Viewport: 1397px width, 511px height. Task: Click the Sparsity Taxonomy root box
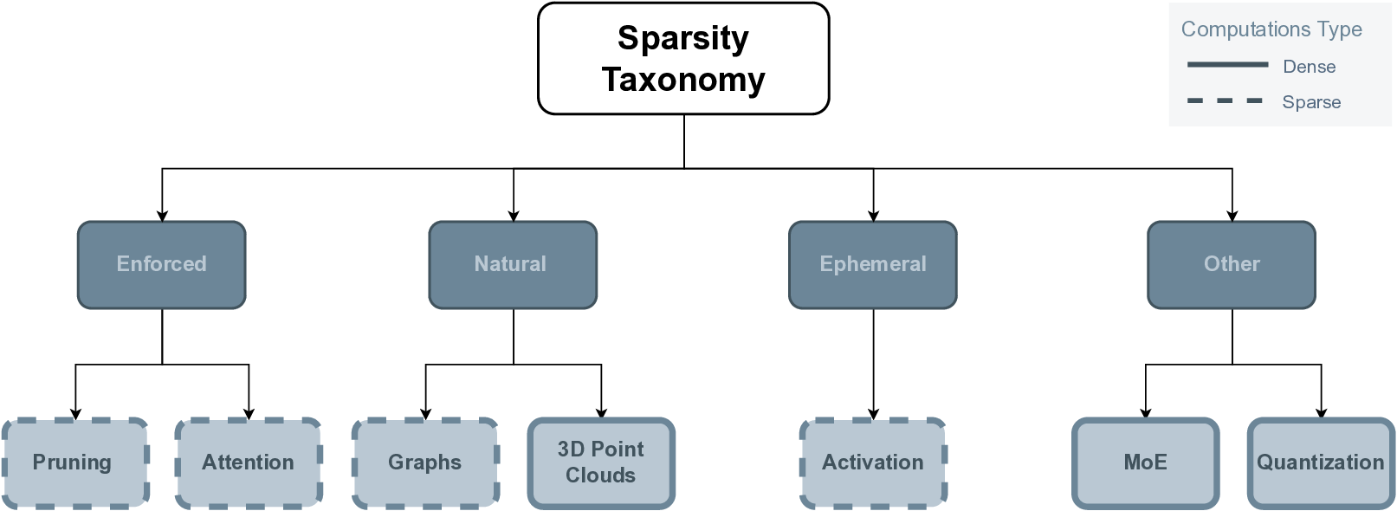(x=683, y=58)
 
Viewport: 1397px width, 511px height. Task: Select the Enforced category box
(x=162, y=264)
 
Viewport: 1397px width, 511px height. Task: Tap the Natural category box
(x=513, y=264)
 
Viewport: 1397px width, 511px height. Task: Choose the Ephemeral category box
(x=872, y=264)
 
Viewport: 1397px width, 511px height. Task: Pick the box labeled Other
(x=1231, y=264)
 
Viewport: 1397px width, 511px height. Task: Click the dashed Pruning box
(x=75, y=462)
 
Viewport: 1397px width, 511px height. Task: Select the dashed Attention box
(x=249, y=462)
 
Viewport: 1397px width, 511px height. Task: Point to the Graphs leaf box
(x=425, y=462)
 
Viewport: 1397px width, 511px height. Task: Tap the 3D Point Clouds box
(x=601, y=462)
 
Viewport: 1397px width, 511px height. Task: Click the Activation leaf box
(x=872, y=462)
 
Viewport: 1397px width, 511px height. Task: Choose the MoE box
(x=1145, y=462)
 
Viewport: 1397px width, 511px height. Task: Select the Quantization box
(x=1321, y=462)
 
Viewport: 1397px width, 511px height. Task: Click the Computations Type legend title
(x=1271, y=29)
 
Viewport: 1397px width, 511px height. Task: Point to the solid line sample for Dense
(x=1226, y=65)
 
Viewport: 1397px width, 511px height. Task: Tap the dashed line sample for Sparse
(x=1225, y=101)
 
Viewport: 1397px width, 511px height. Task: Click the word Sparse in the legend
(x=1310, y=102)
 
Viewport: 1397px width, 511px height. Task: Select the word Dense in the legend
(x=1309, y=67)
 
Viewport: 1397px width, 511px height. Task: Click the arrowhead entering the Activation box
(x=873, y=414)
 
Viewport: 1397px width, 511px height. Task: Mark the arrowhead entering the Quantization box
(x=1321, y=413)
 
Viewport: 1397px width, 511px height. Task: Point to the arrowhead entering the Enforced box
(x=162, y=216)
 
